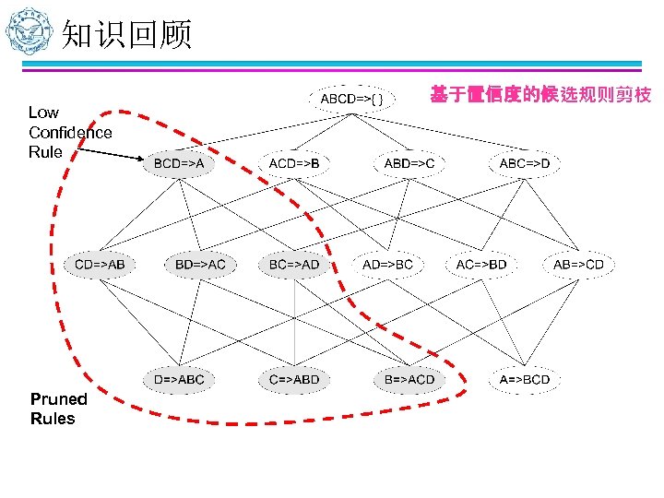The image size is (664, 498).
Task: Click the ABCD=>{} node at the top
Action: tap(359, 98)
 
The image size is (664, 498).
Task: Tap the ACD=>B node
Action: tap(294, 163)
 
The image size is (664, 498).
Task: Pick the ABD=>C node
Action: tap(409, 163)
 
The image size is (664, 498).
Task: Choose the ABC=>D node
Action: tap(524, 163)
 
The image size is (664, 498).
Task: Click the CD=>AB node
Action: tap(100, 265)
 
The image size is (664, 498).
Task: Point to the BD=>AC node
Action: tap(200, 265)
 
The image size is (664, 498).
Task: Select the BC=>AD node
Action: tap(294, 265)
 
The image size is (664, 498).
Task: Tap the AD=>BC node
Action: tap(388, 265)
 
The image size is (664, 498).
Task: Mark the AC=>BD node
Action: tap(481, 265)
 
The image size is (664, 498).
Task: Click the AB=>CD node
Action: tap(578, 265)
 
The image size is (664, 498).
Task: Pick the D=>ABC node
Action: tap(179, 379)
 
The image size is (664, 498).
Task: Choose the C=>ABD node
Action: tap(294, 379)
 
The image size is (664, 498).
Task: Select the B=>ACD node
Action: tap(409, 379)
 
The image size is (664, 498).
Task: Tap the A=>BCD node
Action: tap(524, 379)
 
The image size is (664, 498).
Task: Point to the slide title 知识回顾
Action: tap(126, 35)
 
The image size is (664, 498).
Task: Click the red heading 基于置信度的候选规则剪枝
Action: tap(540, 95)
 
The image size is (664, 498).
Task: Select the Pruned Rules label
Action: tap(58, 409)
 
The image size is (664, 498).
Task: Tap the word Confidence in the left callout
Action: tap(70, 132)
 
